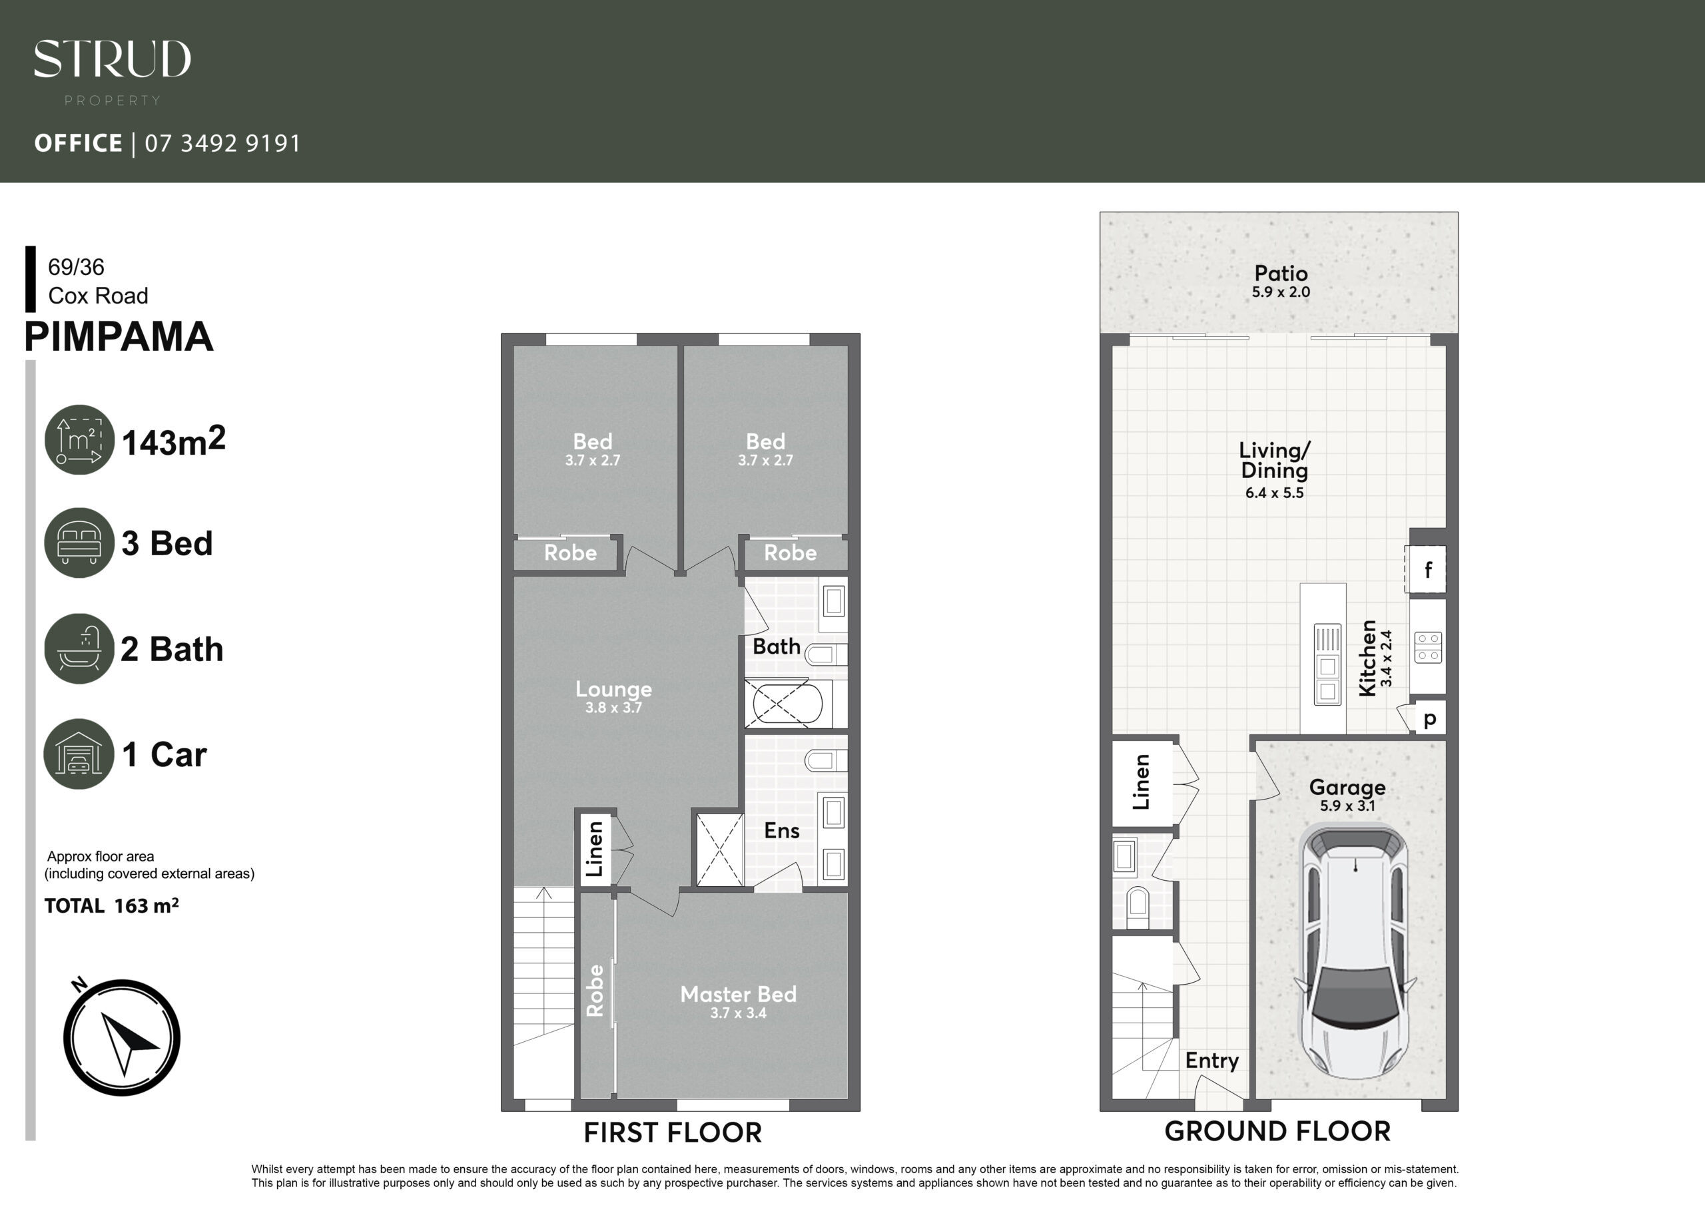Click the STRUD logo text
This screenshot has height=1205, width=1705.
112,59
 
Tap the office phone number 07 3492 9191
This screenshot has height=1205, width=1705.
222,142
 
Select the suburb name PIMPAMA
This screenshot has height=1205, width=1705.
119,336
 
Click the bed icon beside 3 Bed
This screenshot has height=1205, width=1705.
79,543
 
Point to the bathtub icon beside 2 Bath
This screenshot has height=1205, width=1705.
79,648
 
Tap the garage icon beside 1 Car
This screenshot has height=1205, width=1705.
79,754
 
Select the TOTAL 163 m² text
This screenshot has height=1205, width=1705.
111,906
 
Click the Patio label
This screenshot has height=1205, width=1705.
1281,273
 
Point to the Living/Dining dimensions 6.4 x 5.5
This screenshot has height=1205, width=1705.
1274,493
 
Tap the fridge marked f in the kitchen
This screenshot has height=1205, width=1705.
1426,569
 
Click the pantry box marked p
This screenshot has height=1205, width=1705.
1429,718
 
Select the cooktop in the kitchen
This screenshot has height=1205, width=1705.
1428,646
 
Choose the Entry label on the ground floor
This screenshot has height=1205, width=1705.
1212,1061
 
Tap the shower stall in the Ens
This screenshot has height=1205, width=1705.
719,850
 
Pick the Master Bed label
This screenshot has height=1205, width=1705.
738,994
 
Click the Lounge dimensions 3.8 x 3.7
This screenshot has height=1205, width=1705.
613,708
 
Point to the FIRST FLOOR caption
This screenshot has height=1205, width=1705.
673,1133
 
